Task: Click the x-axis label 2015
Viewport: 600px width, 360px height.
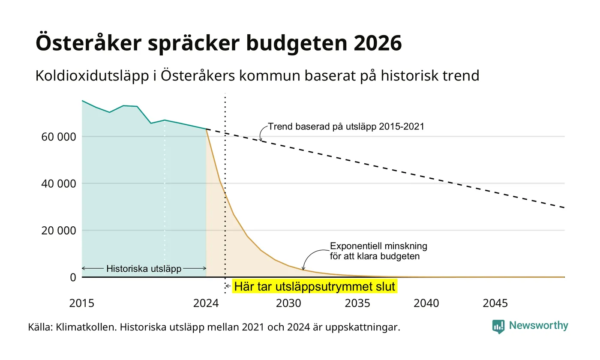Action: (x=82, y=303)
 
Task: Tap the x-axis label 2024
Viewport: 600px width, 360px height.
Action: (x=206, y=303)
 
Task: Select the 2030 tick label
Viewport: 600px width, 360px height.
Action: (x=288, y=303)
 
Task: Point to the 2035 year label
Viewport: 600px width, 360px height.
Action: (x=357, y=303)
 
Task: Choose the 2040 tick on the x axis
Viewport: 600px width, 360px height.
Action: (x=426, y=303)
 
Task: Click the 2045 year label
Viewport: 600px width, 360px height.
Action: (x=495, y=303)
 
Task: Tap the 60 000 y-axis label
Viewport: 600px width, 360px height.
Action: (x=59, y=137)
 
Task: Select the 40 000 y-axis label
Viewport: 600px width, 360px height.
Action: (x=59, y=184)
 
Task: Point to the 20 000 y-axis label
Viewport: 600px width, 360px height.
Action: (x=59, y=231)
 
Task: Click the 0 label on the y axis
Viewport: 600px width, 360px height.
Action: (x=73, y=278)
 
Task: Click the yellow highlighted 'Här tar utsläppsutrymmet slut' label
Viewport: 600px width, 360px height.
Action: (x=315, y=286)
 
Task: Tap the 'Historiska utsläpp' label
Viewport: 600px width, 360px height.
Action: (x=144, y=269)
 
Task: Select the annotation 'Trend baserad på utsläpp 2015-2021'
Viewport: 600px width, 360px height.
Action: (x=346, y=126)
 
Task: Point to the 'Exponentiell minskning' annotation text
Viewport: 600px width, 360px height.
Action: (x=378, y=246)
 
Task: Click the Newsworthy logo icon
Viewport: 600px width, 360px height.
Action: (x=498, y=327)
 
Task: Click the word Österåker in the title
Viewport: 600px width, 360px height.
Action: (x=88, y=43)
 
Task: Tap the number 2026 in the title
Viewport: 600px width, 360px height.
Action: (x=378, y=43)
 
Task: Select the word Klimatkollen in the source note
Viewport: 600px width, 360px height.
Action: (x=86, y=327)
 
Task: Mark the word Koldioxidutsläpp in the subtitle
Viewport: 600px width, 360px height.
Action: (x=92, y=76)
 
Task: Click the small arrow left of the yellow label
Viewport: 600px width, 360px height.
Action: (x=228, y=286)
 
